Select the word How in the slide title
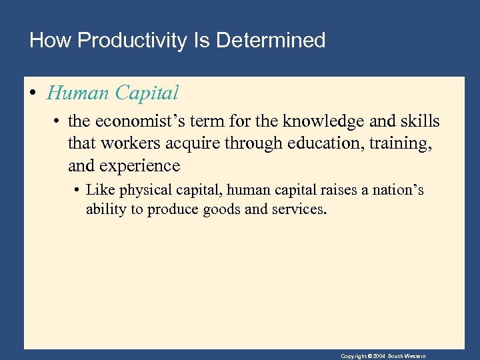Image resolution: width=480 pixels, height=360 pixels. pyautogui.click(x=51, y=41)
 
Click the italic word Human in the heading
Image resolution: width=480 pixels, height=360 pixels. pyautogui.click(x=78, y=93)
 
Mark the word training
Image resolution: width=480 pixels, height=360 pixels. pyautogui.click(x=400, y=143)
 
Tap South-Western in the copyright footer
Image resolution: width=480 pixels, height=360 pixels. pyautogui.click(x=409, y=356)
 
